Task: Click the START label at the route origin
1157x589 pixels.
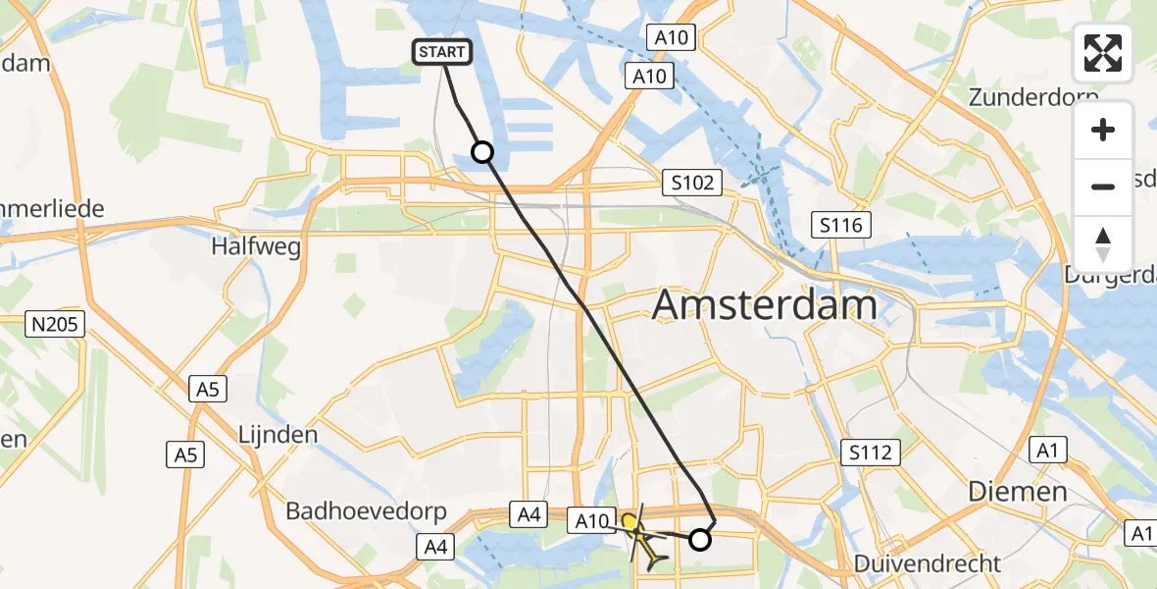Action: click(444, 52)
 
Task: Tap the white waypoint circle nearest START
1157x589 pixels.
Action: click(481, 151)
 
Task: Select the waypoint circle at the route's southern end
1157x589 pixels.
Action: click(700, 539)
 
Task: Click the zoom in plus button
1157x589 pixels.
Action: click(1103, 130)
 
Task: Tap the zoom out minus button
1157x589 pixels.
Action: click(1103, 187)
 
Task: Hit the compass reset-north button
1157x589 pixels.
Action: click(1103, 244)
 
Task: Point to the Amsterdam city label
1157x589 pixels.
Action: click(764, 305)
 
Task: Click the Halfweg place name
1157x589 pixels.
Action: click(255, 245)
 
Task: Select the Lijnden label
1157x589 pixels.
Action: click(277, 434)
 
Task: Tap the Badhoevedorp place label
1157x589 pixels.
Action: click(366, 511)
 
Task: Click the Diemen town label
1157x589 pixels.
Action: click(1017, 491)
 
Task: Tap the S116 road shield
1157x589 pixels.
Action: click(842, 226)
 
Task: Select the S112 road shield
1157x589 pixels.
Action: click(870, 452)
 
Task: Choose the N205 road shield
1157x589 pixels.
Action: click(57, 324)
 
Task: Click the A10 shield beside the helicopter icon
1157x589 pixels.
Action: click(591, 520)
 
